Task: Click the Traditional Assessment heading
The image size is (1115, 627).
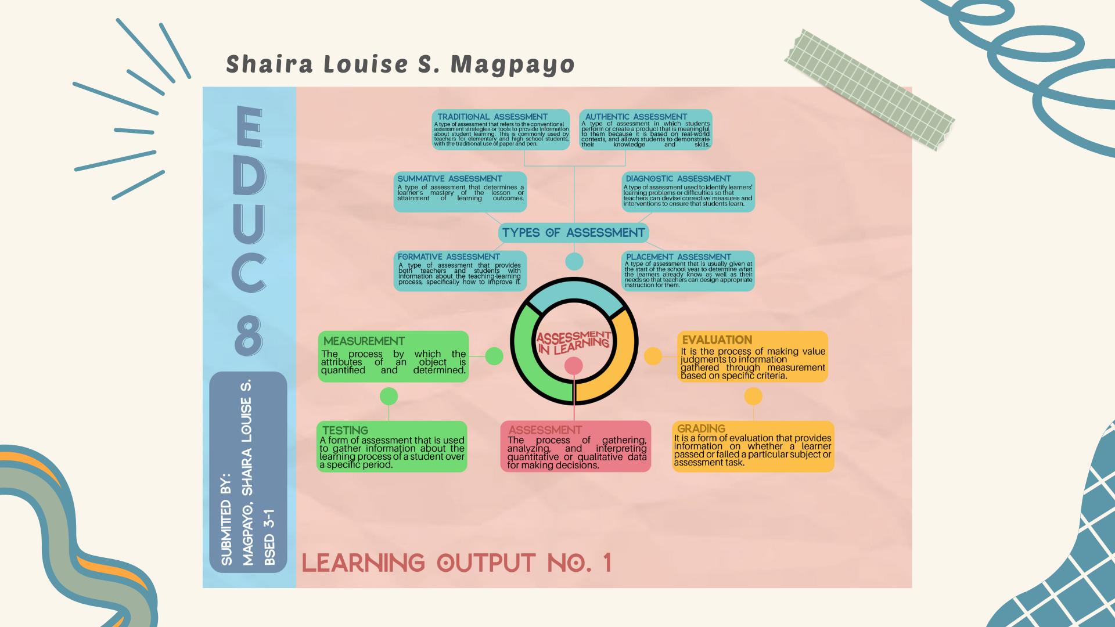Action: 492,117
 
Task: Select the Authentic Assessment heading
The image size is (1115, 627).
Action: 636,117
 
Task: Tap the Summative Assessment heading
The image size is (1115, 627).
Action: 449,179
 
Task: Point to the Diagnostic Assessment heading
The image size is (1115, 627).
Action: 678,179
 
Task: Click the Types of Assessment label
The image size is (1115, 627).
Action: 573,233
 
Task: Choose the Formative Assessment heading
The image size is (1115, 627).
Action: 448,257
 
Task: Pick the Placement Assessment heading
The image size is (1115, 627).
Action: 678,257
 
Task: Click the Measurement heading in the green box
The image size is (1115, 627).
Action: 364,341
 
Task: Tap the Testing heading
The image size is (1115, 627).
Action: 345,430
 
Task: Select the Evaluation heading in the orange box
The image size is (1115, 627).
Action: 717,340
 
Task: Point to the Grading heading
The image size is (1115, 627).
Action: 701,429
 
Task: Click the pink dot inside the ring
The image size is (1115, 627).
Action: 573,366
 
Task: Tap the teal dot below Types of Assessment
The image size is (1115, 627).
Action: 574,261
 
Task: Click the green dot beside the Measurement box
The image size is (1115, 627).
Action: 494,356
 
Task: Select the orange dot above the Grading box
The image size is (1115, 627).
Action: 753,397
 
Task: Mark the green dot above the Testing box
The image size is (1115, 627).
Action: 389,397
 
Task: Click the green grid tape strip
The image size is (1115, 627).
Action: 869,90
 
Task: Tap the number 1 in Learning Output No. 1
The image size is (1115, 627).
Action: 607,563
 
